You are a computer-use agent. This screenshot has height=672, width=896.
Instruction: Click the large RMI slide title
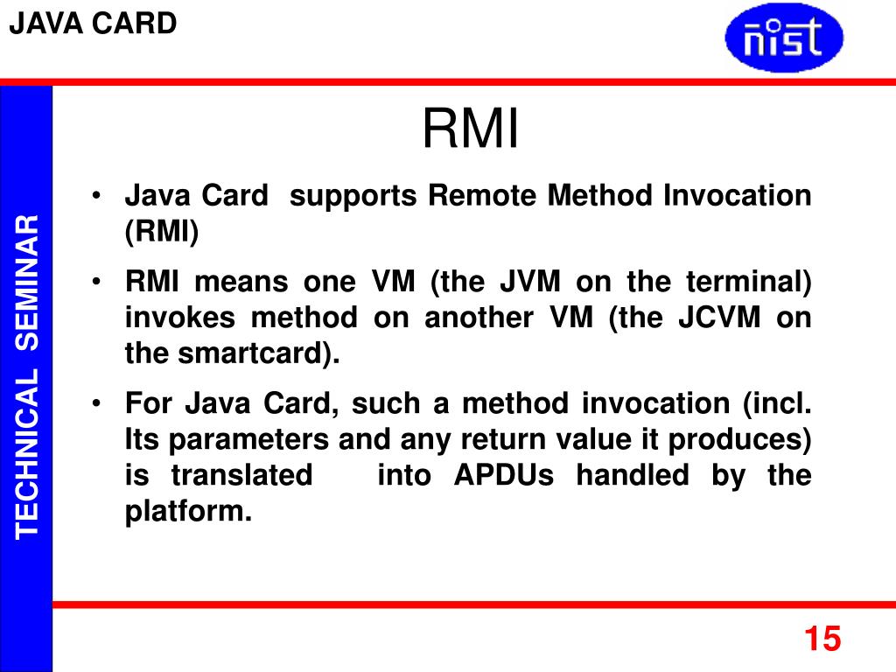pos(471,129)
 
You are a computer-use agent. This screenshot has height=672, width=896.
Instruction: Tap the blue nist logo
pos(784,38)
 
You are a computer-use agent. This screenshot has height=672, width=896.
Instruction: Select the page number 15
pos(822,639)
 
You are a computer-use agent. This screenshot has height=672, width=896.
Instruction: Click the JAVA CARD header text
pos(93,24)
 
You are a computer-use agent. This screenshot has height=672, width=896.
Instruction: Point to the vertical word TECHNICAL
pos(28,451)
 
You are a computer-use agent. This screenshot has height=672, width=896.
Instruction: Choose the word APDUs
pos(503,475)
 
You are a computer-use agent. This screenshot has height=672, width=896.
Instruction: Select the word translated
pos(241,475)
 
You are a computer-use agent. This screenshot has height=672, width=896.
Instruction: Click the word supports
pos(354,195)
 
